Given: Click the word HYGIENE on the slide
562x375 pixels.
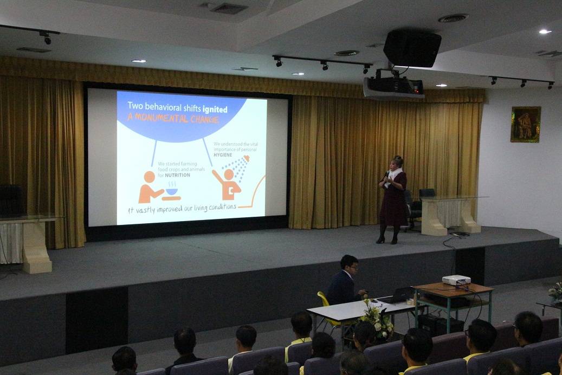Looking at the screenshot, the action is click(223, 155).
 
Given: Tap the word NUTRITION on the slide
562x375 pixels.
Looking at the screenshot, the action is click(177, 175).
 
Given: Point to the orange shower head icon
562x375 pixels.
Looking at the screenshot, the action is click(246, 158).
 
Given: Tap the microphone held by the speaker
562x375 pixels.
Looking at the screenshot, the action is click(387, 174).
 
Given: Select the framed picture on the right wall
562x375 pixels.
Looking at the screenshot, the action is click(526, 124).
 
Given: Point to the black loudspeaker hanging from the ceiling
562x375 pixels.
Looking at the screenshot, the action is click(412, 48).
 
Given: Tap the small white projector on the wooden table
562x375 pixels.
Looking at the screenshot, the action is click(456, 280).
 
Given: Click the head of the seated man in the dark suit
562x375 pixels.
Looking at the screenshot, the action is click(349, 264).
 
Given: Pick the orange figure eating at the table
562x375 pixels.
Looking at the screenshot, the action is click(149, 187).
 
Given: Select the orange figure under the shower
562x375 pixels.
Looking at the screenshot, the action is click(228, 184).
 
